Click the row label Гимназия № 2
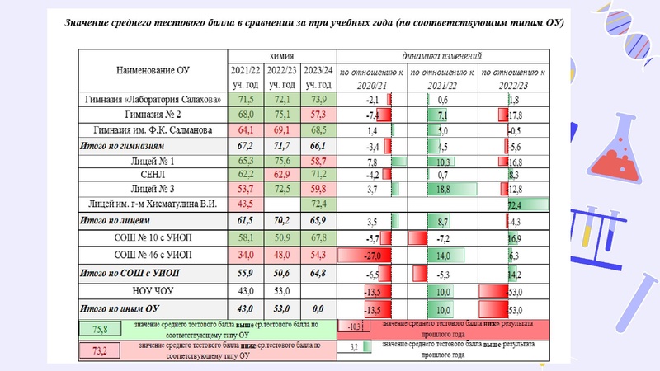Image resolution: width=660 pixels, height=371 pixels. coord(153,114)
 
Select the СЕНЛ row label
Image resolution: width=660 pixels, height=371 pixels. coord(153,175)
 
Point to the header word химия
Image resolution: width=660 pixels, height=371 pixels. coord(281,55)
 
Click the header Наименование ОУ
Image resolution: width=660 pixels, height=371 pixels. coord(153,71)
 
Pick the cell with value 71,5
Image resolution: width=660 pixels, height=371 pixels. coord(246,99)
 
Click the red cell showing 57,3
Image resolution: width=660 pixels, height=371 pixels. coord(318,114)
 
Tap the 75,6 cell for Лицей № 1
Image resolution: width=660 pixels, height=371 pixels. coord(281,160)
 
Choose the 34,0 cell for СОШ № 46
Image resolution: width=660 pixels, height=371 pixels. coord(246,254)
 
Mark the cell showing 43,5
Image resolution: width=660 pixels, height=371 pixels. coord(246,204)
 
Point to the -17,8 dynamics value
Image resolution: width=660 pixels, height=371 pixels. coord(511,114)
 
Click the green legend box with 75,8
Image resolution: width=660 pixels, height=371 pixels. coord(99,329)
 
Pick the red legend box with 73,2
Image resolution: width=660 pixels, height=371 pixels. coord(99,350)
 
